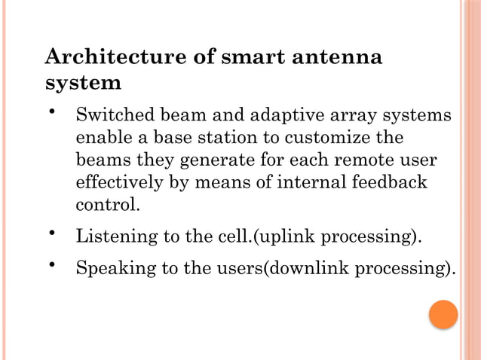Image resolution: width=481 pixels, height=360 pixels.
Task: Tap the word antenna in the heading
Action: [x=341, y=57]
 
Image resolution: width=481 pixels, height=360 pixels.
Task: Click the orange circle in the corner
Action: [x=443, y=315]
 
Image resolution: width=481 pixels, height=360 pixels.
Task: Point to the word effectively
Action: [x=115, y=182]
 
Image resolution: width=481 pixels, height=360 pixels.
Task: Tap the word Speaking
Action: [x=111, y=269]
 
